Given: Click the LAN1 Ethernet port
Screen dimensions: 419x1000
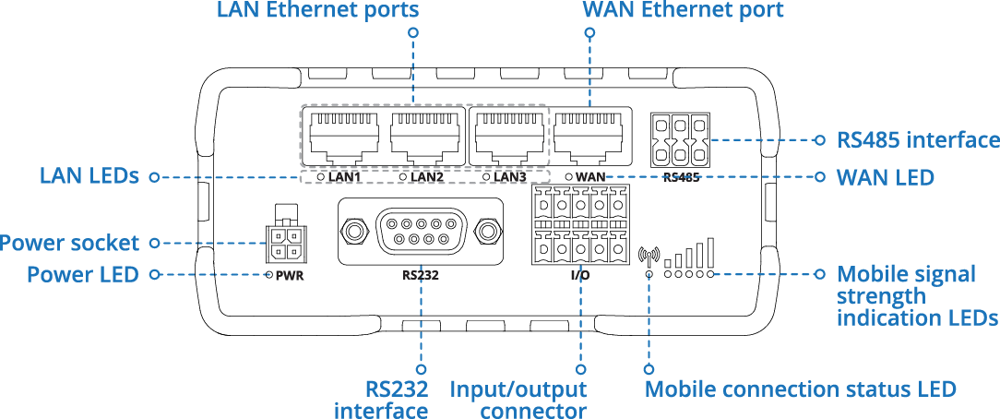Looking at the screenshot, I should (343, 137).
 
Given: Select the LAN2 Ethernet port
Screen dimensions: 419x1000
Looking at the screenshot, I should (423, 137).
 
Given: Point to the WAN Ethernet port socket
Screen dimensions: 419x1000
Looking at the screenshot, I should (589, 137).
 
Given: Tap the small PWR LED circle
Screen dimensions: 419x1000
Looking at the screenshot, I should (268, 275).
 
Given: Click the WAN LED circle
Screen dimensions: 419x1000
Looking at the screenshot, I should (569, 175).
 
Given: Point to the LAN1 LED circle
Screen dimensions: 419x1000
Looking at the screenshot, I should (321, 175).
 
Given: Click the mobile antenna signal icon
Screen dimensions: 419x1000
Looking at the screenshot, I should (649, 254).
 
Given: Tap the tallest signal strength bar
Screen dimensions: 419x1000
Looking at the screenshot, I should (710, 252).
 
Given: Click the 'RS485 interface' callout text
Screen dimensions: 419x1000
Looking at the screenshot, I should (918, 140).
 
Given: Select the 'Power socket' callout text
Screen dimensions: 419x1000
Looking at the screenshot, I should (70, 244).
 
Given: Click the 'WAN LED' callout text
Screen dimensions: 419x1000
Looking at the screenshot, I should (885, 176).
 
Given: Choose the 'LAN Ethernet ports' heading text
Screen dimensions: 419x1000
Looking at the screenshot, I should (318, 11).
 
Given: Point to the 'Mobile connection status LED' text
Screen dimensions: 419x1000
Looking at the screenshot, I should (800, 389).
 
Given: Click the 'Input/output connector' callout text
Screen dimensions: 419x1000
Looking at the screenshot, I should (518, 400).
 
